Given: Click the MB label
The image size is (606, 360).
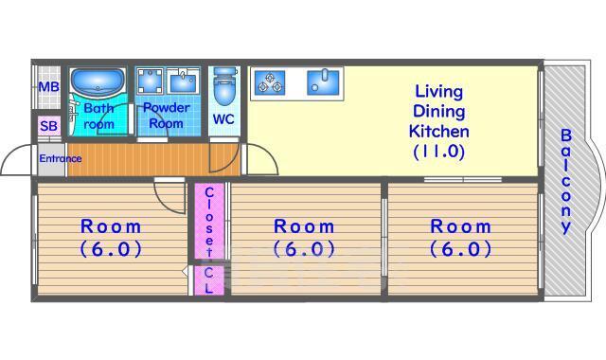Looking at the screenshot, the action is coord(48,86).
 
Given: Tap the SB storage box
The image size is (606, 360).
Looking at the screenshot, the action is coord(49,126).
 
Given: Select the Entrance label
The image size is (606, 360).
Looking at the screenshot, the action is coord(61,158).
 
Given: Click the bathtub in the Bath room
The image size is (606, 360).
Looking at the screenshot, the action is coord(98,82).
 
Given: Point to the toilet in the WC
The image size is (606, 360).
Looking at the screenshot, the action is coord(224,86).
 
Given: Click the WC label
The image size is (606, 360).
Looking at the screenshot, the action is coord(223,119).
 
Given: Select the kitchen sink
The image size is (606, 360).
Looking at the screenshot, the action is coord(323,82).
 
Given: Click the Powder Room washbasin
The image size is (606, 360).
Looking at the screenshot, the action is coord(184,81).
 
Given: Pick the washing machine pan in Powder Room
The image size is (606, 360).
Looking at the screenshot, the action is coord(150,81).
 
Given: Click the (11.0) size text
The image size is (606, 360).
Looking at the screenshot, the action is coord(438,152).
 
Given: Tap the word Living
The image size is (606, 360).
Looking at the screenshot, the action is coord(438,92).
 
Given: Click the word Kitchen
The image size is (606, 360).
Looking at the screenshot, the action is coord(439,131).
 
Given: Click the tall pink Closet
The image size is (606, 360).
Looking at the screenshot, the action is coord(208,221).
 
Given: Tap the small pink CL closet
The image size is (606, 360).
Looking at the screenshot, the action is coord(208,280).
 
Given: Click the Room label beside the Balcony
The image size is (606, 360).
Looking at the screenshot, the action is coord(461,226).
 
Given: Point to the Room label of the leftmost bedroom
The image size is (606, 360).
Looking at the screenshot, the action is coord(111,226).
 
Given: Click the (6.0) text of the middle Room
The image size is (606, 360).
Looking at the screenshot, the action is coord(304,249).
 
